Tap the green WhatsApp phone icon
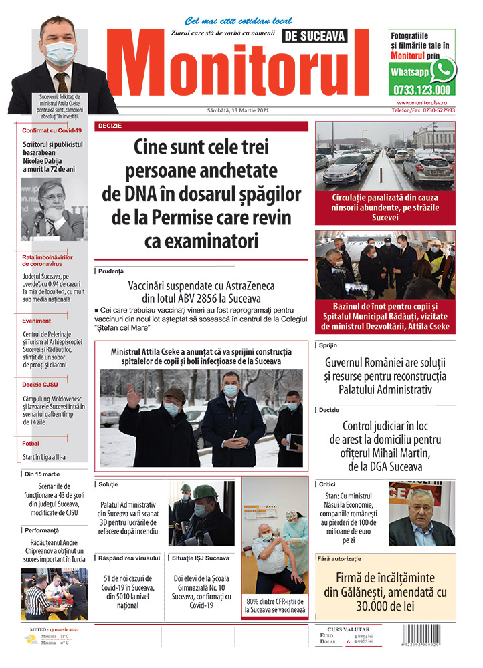[443, 71]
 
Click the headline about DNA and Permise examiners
[201, 193]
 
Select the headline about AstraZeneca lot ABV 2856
[201, 291]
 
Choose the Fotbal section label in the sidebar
[31, 443]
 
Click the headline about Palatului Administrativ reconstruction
[385, 375]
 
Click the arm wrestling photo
[54, 594]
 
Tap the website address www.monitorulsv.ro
[425, 102]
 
